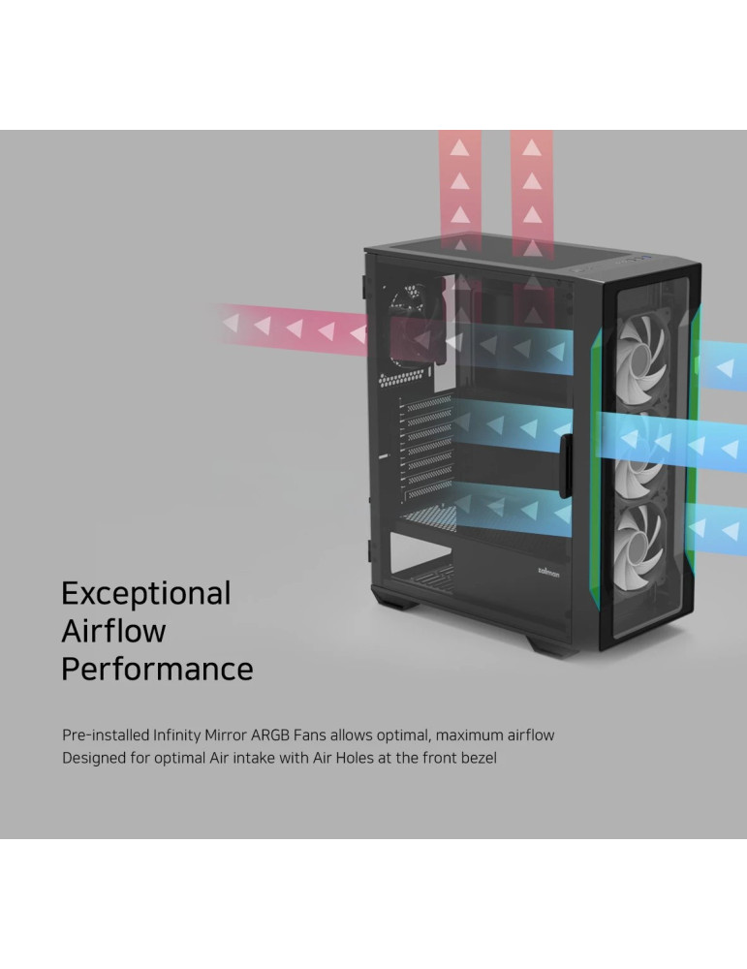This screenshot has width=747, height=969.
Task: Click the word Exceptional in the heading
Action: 145,592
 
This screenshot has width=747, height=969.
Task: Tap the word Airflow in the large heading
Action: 113,631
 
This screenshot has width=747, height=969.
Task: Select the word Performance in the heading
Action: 157,669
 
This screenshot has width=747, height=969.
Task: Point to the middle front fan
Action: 647,454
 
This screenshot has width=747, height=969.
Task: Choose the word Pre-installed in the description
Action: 107,735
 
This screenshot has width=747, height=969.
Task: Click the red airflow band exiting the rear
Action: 291,326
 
